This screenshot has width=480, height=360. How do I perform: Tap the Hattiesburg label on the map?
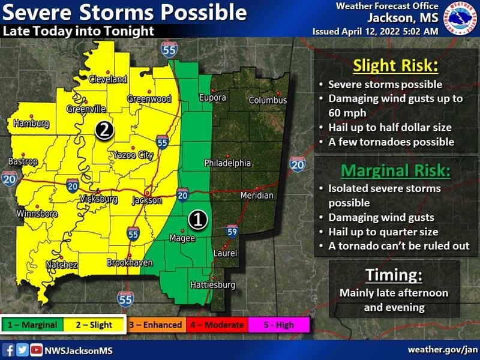(x=212, y=285)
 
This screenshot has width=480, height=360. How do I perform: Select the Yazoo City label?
(x=133, y=155)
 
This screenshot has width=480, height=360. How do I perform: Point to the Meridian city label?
(x=257, y=196)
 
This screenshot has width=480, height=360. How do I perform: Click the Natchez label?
(x=61, y=265)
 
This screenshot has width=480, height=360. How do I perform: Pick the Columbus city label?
(x=268, y=100)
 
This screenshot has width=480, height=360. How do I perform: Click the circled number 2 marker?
(x=104, y=130)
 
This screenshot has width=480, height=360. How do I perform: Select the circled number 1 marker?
(x=197, y=220)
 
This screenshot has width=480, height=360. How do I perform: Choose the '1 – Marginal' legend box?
(x=34, y=325)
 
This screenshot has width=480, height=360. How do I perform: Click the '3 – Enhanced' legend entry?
(x=156, y=325)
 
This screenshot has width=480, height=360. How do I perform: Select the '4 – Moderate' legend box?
(x=217, y=325)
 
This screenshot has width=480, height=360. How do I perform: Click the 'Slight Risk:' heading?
(x=396, y=65)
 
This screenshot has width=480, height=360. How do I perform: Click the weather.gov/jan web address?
(x=443, y=350)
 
